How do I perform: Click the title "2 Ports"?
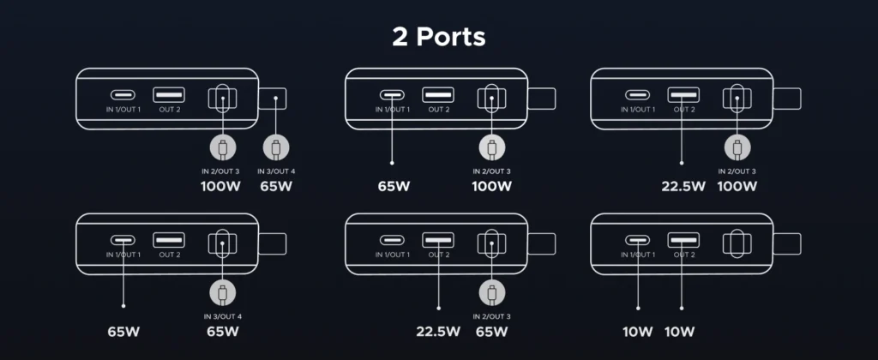[438, 37]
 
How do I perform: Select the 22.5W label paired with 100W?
[683, 185]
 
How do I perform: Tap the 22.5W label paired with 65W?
[436, 331]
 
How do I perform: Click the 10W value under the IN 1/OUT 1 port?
[639, 331]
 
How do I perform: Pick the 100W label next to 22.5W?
[736, 185]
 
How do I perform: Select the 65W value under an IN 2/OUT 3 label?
[491, 331]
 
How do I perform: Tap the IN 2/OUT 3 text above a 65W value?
[491, 316]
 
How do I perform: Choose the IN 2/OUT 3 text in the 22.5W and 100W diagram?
[736, 171]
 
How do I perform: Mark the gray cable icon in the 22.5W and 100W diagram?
[736, 147]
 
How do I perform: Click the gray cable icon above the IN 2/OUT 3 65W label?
[491, 293]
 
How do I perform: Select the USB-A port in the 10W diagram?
[684, 240]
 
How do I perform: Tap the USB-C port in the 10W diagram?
[638, 240]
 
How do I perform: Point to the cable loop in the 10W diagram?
[736, 243]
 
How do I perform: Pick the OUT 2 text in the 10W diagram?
[684, 255]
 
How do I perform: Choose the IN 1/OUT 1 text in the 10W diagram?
[638, 255]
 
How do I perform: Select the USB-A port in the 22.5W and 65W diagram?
[438, 240]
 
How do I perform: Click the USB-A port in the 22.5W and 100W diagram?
[684, 94]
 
